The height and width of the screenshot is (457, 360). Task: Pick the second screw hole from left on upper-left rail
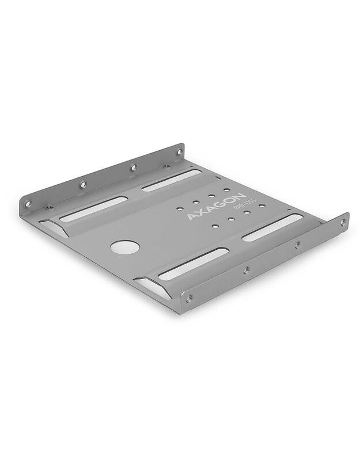point(83,185)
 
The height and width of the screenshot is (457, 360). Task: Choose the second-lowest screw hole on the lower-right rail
point(247,269)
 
